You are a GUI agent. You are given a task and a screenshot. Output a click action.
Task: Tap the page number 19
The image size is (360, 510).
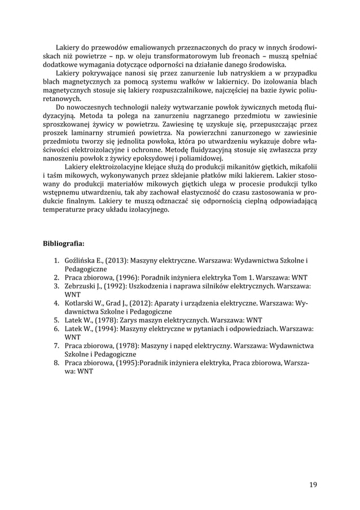313,485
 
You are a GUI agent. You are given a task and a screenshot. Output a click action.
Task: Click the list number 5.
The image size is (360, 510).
57,319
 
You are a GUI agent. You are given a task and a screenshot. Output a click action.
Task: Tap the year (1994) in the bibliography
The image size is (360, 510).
105,327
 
